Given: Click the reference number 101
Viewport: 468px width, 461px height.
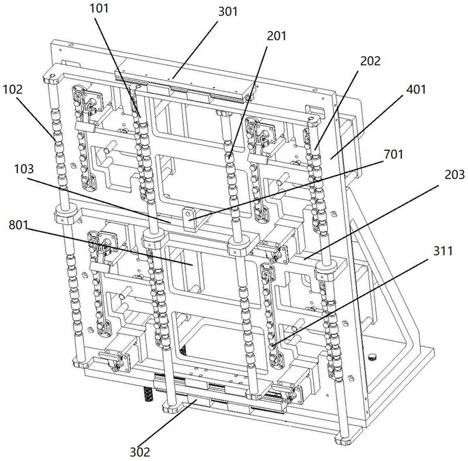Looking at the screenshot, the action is click(x=99, y=8).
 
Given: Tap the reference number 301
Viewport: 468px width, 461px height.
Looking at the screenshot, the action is click(x=228, y=12).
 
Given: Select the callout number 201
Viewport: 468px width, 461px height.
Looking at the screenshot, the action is click(x=276, y=36).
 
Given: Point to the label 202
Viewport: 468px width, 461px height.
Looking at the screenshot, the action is click(x=370, y=61).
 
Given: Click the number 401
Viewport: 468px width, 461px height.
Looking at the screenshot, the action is click(x=415, y=90).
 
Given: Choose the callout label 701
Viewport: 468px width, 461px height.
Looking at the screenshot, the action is click(x=393, y=154).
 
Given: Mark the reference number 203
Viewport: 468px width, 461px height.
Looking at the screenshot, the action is click(x=455, y=175).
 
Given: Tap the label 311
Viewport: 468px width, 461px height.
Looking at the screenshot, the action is click(x=443, y=251).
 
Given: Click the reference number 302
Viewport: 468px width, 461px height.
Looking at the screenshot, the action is click(x=140, y=452).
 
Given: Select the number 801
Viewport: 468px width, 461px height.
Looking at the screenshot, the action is click(x=18, y=225).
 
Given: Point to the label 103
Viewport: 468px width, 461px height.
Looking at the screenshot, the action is click(x=24, y=169).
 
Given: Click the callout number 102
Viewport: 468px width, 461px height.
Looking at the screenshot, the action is click(x=13, y=90).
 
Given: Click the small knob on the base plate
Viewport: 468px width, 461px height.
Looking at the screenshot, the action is click(x=372, y=357).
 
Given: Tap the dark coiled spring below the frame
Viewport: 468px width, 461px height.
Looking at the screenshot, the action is click(x=149, y=394).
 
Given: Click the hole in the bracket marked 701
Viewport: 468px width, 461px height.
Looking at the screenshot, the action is click(x=188, y=214).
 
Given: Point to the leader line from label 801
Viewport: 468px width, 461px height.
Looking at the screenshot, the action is click(x=109, y=247).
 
